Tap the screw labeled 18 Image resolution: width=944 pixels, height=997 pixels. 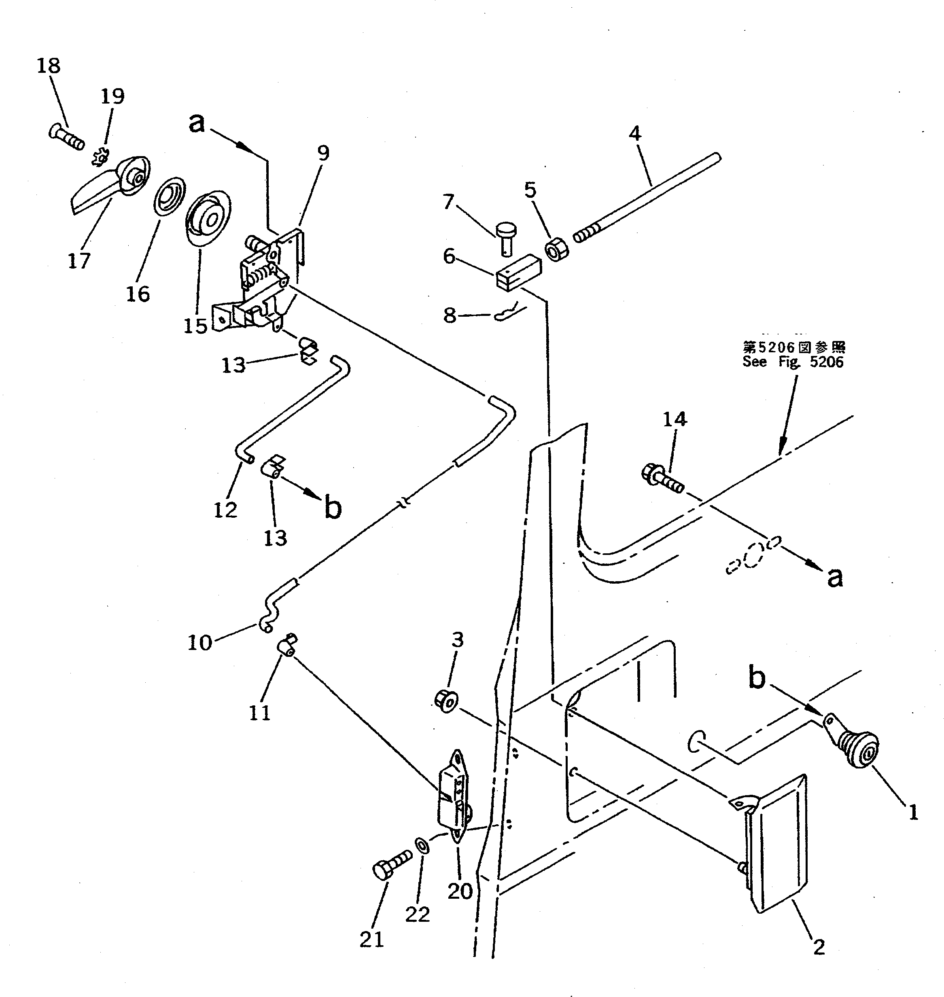coord(66,138)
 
